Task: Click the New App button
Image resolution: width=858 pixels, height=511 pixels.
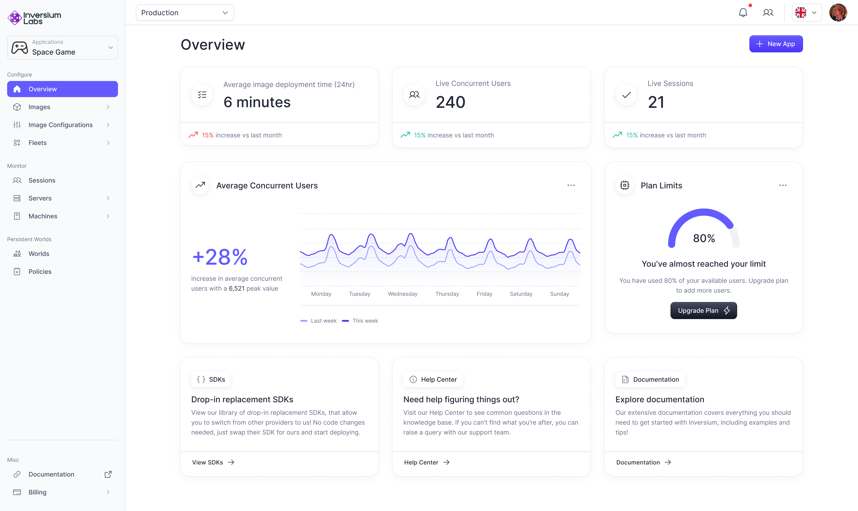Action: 776,44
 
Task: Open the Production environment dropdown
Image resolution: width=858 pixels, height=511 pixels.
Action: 185,13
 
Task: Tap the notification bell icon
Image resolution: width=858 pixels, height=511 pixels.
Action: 743,13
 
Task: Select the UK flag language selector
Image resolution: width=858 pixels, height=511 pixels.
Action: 806,13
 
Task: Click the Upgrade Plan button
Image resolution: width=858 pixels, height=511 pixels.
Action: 703,311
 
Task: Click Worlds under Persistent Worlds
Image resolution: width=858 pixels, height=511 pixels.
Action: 39,254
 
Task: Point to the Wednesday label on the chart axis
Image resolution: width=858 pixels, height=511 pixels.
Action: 402,294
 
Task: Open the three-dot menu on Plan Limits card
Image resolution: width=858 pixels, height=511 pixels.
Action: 783,186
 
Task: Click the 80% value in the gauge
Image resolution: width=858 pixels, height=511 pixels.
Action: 704,238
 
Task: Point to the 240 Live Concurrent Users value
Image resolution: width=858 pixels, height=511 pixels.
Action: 450,102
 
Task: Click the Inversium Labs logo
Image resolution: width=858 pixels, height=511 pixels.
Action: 34,18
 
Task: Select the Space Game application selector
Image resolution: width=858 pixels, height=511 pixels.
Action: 62,48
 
